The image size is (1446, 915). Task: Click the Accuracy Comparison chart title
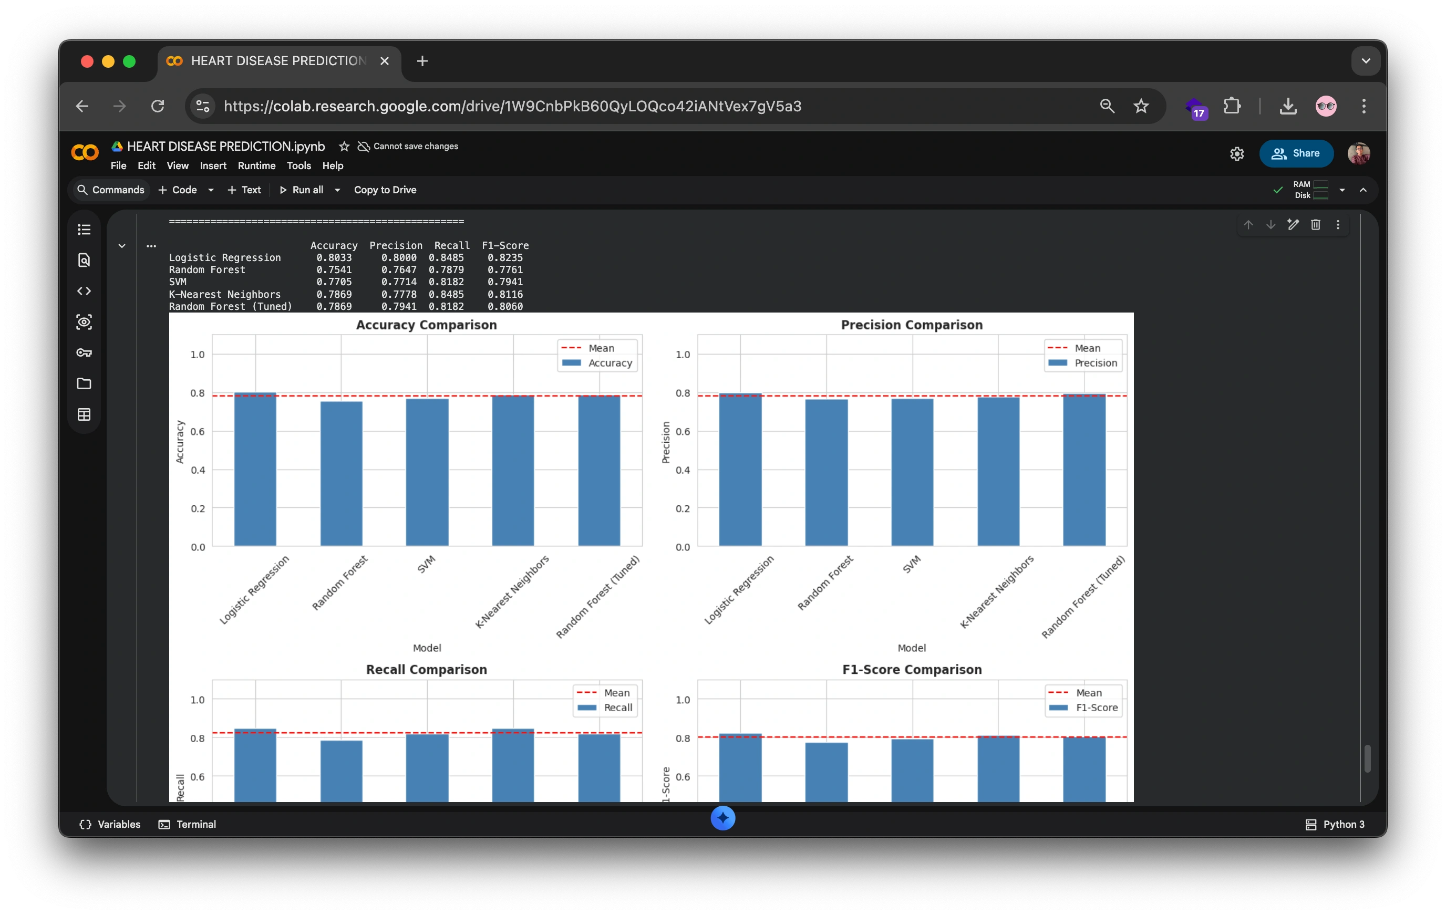[x=426, y=325]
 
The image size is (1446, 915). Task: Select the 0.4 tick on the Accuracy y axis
[x=198, y=470]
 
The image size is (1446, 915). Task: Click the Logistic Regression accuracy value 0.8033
[x=334, y=257]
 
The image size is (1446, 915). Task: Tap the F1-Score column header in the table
[x=505, y=246]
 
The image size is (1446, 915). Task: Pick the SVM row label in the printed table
[x=178, y=282]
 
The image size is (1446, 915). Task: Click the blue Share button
[x=1296, y=153]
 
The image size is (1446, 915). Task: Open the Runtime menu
[x=256, y=165]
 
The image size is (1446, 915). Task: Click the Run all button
[x=302, y=190]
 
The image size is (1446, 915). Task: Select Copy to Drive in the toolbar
[x=385, y=190]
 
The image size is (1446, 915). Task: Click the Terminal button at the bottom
[x=188, y=824]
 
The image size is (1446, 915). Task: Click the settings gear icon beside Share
[x=1236, y=154]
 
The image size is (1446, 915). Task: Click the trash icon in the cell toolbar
[x=1315, y=224]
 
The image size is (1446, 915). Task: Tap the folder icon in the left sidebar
[x=84, y=383]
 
